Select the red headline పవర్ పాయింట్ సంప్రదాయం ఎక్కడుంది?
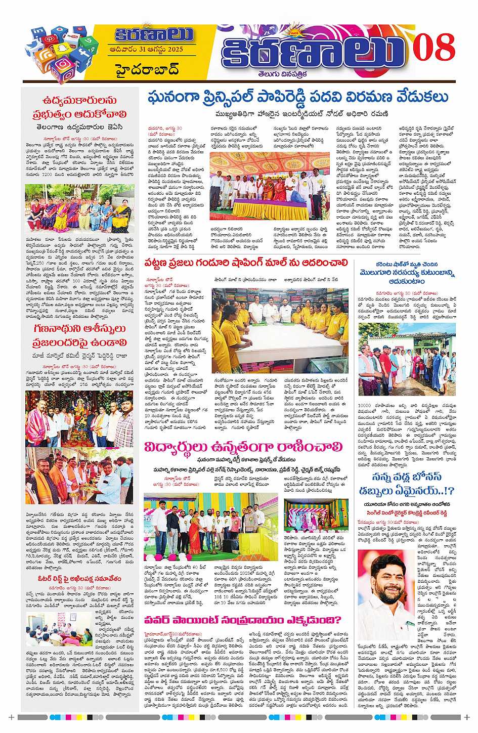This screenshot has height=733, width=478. pos(242,620)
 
